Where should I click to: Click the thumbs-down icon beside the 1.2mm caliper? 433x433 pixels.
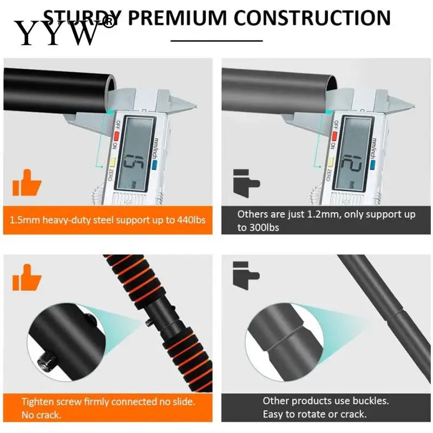(x=245, y=183)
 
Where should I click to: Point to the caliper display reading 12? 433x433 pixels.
(x=352, y=161)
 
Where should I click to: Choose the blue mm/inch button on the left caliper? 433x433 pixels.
(x=154, y=165)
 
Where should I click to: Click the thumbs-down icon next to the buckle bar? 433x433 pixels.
(x=245, y=273)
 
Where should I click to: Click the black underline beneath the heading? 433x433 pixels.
(x=216, y=41)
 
